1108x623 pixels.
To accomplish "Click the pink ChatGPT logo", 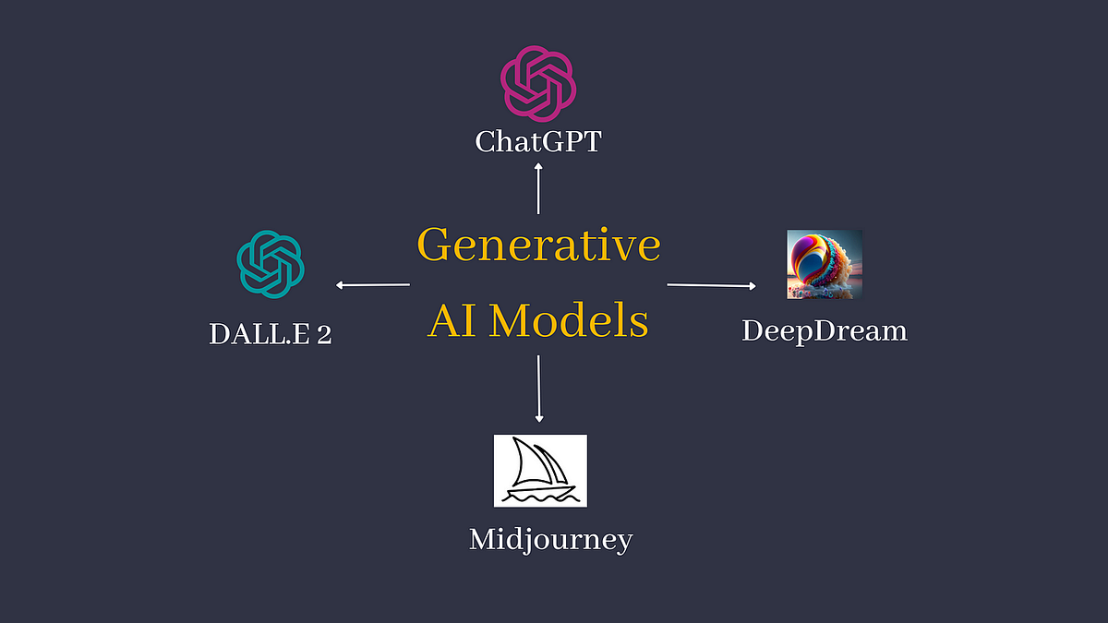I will [538, 84].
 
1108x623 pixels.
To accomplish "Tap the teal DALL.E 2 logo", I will [271, 263].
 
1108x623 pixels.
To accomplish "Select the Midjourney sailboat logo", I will [540, 471].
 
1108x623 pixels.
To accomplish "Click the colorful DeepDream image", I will [825, 264].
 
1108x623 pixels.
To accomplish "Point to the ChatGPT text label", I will [538, 141].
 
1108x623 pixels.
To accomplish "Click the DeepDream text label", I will [825, 330].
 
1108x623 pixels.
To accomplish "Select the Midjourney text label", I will [550, 539].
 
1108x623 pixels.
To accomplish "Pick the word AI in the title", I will [452, 321].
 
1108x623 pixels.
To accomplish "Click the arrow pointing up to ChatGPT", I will [538, 189].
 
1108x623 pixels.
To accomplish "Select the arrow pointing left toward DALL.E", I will [373, 285].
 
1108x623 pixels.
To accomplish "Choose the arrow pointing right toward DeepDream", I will [711, 286].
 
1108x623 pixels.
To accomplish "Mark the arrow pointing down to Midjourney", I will [539, 388].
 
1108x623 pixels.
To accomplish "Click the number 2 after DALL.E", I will [324, 334].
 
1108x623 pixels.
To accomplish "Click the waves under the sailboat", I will [540, 496].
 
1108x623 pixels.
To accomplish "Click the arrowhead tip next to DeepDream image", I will [753, 287].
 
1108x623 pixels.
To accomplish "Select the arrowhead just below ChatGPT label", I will [538, 168].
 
